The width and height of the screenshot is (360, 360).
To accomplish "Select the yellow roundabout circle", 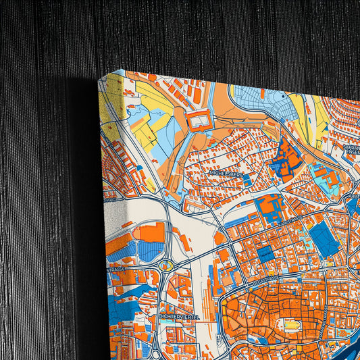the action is click(x=165, y=265).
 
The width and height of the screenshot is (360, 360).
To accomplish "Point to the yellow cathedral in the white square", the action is click(x=292, y=326).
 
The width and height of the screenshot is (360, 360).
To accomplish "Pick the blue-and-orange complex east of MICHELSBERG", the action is click(x=284, y=158).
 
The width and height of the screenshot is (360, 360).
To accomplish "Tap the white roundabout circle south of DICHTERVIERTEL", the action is click(x=157, y=352).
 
